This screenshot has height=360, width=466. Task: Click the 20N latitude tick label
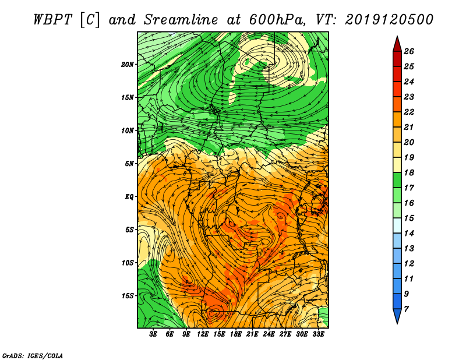coord(127,65)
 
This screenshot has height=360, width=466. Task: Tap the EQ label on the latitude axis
coord(129,197)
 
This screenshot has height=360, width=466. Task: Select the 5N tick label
coord(129,164)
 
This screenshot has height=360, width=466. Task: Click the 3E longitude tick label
coord(153,334)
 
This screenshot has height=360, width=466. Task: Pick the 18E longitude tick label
coord(235,334)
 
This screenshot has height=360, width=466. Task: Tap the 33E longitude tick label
coord(318,334)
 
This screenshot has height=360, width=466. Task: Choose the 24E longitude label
coord(269,334)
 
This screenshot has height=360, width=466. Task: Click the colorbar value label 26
coord(409,51)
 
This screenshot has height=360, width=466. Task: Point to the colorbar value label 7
coord(406,309)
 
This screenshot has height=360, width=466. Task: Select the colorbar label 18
coord(409,172)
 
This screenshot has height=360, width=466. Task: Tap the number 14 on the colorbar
coord(409,234)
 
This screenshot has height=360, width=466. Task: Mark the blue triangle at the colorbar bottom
coord(397,315)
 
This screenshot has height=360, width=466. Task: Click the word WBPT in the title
coord(52,20)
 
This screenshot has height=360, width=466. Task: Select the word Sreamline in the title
coord(181,20)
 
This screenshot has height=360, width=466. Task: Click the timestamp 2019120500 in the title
coord(389,20)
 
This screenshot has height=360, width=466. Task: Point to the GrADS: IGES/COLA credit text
coord(33,356)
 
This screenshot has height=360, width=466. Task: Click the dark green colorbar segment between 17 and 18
coord(397,180)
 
